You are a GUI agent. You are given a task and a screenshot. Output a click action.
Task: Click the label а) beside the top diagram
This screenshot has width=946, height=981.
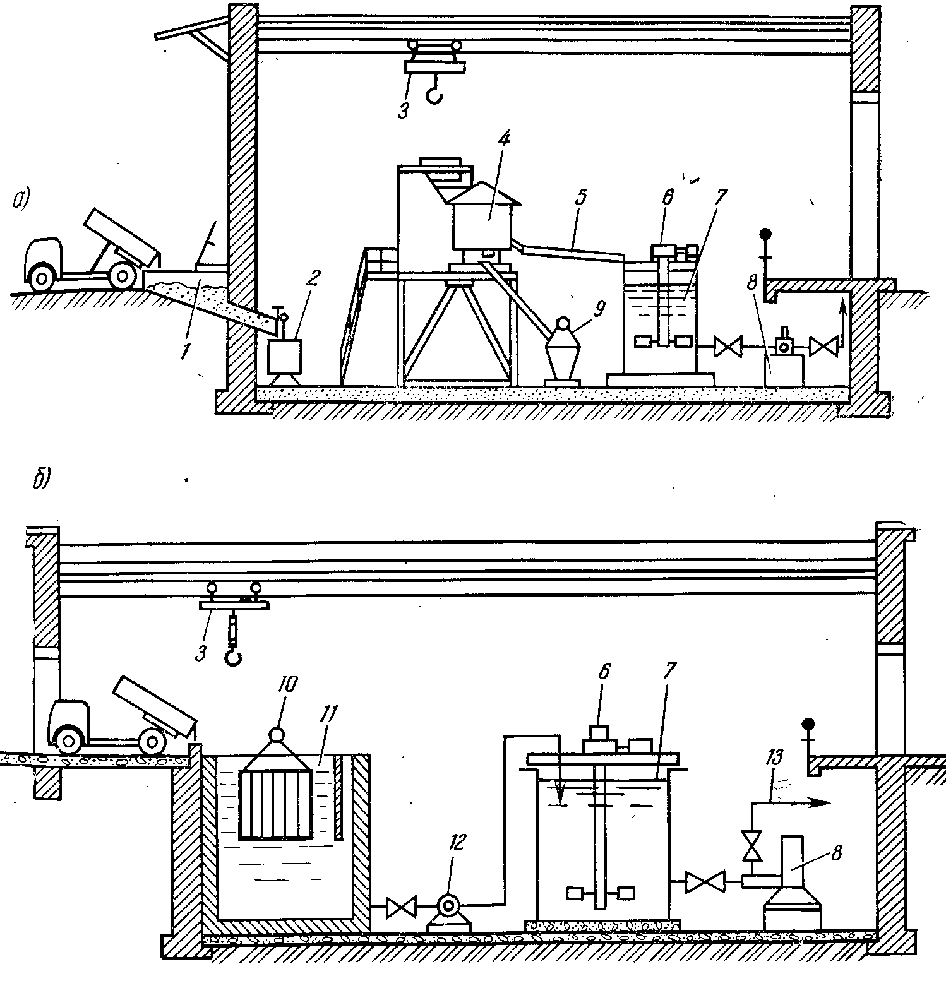click(21, 200)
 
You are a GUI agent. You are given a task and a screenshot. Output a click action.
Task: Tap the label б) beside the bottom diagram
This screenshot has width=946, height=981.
click(39, 479)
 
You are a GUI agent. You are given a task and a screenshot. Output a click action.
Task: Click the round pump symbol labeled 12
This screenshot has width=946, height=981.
click(448, 905)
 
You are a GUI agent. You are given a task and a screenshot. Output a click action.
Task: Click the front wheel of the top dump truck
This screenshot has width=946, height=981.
click(42, 276)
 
